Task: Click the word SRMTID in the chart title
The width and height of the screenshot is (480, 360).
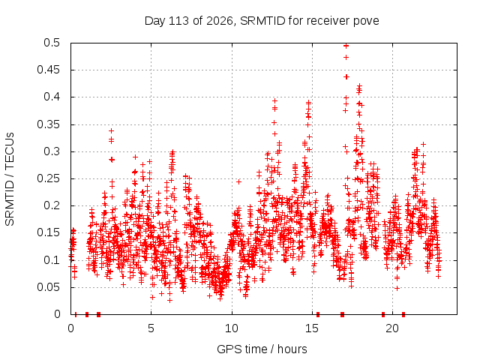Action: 262,21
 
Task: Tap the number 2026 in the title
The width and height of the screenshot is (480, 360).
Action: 219,21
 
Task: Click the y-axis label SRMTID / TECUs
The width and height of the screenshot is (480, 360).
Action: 10,179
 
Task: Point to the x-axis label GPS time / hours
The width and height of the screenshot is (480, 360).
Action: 262,349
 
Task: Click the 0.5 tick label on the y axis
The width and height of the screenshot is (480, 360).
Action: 52,43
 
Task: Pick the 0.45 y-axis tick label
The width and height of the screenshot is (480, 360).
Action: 48,70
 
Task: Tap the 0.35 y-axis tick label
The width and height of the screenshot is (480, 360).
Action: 48,124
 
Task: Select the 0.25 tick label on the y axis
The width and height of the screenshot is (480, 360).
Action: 48,178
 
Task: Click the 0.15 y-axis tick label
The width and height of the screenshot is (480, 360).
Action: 48,232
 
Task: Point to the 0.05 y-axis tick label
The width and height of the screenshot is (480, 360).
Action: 48,287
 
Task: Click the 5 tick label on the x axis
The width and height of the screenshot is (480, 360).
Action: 151,328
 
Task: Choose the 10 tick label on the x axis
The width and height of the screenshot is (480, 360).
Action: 232,328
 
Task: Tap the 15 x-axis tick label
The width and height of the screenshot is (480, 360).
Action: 312,328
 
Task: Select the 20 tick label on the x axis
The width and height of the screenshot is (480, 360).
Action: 392,328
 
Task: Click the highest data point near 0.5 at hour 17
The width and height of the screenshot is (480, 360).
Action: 346,46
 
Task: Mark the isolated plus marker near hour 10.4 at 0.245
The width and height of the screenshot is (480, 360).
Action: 238,181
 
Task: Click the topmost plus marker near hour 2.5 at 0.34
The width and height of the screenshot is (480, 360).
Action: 112,131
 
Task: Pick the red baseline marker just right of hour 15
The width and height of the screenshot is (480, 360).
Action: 318,314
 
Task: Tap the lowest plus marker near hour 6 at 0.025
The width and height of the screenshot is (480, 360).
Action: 170,300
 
